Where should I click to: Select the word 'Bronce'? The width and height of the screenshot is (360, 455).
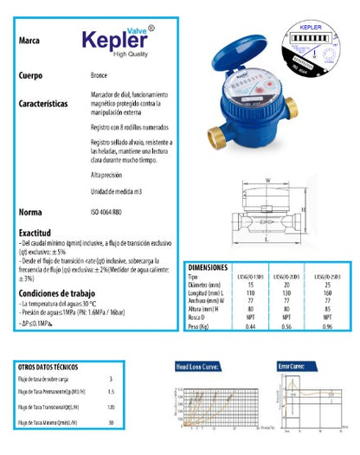(99, 76)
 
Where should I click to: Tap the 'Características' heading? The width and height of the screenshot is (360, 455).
(42, 103)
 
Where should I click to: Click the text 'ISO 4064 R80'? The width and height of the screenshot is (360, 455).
(109, 212)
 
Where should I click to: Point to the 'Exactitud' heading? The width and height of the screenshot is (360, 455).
(35, 233)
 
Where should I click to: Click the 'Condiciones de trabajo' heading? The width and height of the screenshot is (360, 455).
(58, 293)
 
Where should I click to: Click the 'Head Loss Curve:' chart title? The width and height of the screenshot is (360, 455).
(199, 368)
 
